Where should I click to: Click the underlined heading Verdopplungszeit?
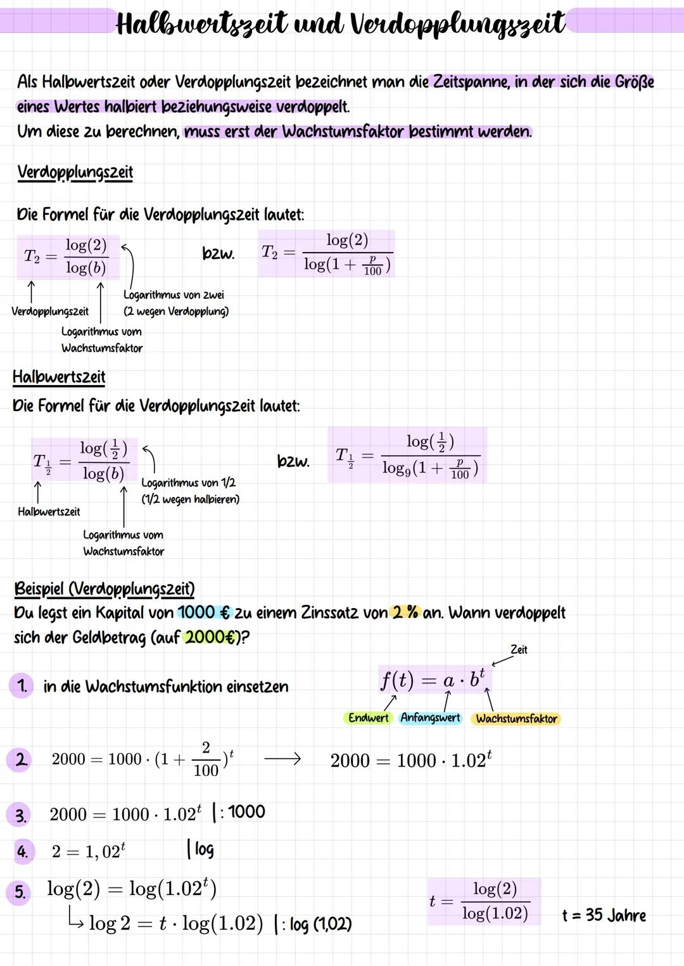[75, 172]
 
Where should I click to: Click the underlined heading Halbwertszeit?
[59, 377]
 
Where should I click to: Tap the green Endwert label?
[368, 718]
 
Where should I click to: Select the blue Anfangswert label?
[430, 718]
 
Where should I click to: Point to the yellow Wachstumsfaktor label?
[516, 718]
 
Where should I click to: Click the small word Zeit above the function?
[519, 649]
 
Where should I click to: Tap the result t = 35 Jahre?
[604, 915]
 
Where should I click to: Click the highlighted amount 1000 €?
[204, 613]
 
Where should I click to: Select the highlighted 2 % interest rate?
[405, 613]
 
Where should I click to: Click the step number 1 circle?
[22, 686]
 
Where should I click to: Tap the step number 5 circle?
[20, 893]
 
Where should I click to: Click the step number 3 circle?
[21, 815]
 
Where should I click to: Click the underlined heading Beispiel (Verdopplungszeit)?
[104, 589]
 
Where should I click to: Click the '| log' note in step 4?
[201, 849]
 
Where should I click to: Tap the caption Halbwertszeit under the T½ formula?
[49, 512]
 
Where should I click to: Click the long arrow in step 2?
[282, 759]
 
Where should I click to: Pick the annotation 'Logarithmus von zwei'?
[174, 295]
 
